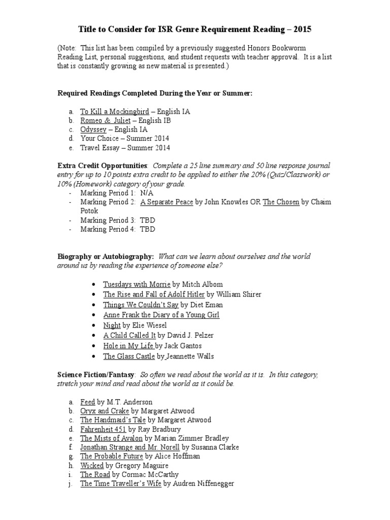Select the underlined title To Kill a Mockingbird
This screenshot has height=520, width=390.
[x=114, y=111]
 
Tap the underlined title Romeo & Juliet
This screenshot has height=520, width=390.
[x=105, y=120]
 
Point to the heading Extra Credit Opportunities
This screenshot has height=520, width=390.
[x=103, y=166]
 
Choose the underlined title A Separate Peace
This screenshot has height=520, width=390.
[x=167, y=202]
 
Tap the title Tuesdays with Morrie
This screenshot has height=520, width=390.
[x=136, y=284]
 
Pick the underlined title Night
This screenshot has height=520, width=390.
[x=112, y=325]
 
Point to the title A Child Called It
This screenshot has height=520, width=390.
[x=129, y=336]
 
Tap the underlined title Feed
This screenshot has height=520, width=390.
[x=87, y=402]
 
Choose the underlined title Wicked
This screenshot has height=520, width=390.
[x=92, y=465]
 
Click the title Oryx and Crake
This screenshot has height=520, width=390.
[x=104, y=411]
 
